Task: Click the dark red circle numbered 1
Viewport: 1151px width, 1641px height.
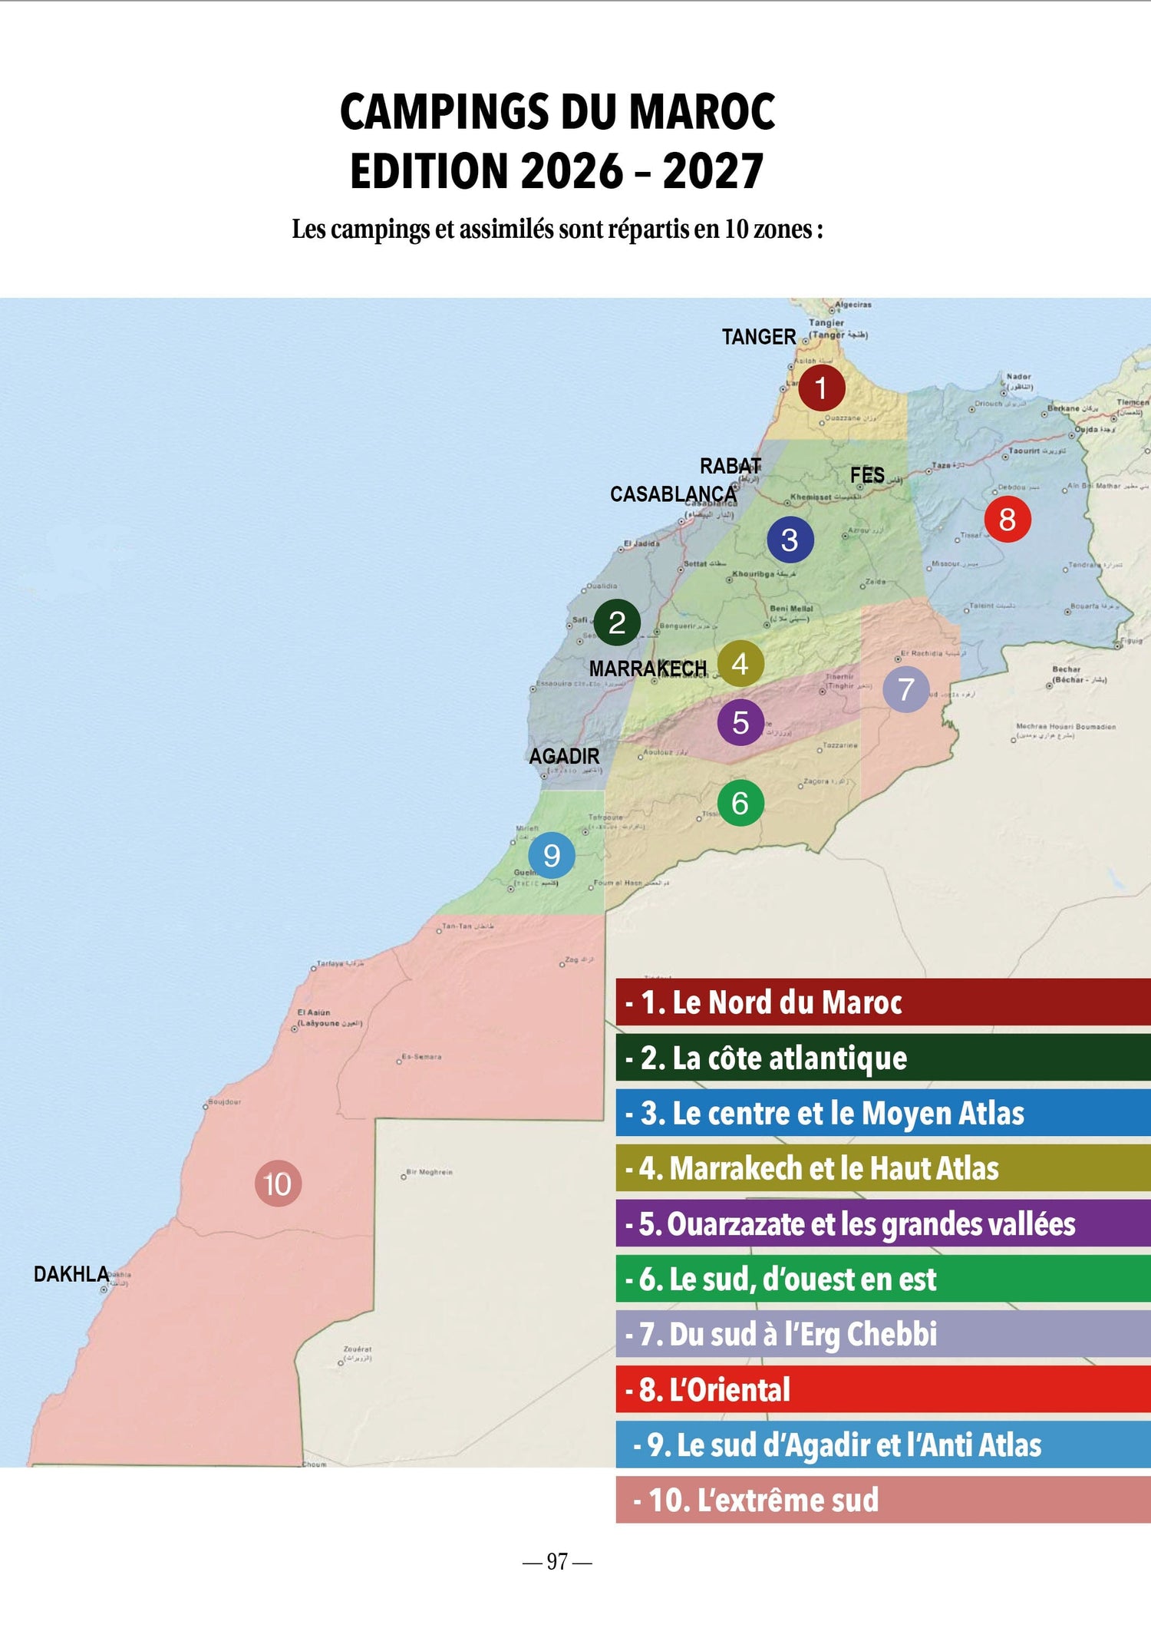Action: pyautogui.click(x=821, y=388)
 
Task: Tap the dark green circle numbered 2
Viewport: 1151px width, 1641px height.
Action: pyautogui.click(x=617, y=622)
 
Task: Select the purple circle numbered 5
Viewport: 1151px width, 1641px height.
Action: pyautogui.click(x=740, y=722)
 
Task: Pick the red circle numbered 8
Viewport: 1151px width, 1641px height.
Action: pyautogui.click(x=1007, y=519)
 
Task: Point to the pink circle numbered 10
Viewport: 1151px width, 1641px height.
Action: pyautogui.click(x=278, y=1184)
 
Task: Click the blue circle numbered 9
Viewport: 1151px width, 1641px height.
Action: pyautogui.click(x=552, y=855)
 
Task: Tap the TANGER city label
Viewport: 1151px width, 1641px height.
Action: pyautogui.click(x=758, y=337)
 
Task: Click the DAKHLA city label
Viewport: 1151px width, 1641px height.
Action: pyautogui.click(x=71, y=1274)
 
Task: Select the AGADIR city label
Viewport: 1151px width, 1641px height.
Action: pyautogui.click(x=564, y=756)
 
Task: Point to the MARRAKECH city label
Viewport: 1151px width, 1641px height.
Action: pyautogui.click(x=648, y=669)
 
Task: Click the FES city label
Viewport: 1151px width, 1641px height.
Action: pyautogui.click(x=867, y=476)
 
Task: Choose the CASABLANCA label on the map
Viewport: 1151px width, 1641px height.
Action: pyautogui.click(x=673, y=494)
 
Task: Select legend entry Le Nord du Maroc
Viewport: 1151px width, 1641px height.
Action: pyautogui.click(x=882, y=1002)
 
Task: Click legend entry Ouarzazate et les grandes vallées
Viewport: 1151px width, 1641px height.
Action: pyautogui.click(x=882, y=1223)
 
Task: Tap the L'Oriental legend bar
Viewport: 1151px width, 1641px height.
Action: pyautogui.click(x=882, y=1389)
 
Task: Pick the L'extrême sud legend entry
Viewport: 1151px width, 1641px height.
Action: pyautogui.click(x=882, y=1500)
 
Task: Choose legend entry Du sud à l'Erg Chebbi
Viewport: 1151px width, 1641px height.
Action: pyautogui.click(x=882, y=1334)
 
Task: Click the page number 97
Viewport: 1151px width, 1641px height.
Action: pyautogui.click(x=557, y=1561)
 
